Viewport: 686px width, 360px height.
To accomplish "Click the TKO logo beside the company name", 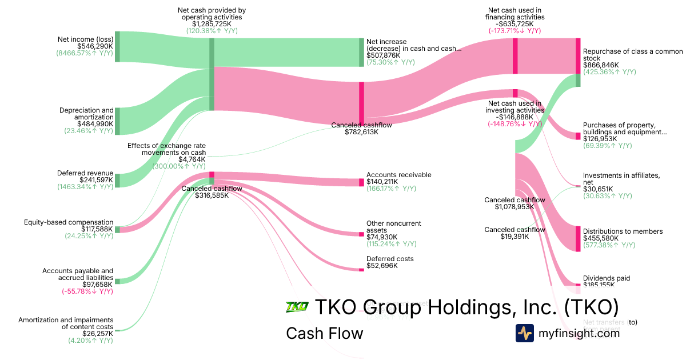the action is (x=297, y=307).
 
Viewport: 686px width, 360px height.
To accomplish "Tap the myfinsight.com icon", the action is (x=524, y=333).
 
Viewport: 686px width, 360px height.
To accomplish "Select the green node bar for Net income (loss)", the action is (x=117, y=46).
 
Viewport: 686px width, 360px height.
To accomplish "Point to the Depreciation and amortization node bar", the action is (x=117, y=121).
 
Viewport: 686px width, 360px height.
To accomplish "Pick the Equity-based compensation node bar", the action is (x=117, y=229).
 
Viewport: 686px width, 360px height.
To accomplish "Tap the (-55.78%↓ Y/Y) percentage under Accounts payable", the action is (x=87, y=291).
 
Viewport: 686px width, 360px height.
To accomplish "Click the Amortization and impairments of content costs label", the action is (x=66, y=323).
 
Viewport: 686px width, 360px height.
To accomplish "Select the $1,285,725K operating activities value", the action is (x=212, y=24).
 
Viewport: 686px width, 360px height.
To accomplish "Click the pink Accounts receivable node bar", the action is (x=361, y=182).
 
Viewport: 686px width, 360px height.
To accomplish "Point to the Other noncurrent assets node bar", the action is (x=361, y=234).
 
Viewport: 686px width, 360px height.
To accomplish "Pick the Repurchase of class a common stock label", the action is (x=632, y=55).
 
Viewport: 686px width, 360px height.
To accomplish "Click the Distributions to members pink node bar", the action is (x=578, y=239).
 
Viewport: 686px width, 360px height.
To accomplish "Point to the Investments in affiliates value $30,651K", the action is (x=598, y=189).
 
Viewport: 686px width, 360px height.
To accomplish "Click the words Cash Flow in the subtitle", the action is (x=324, y=333).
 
